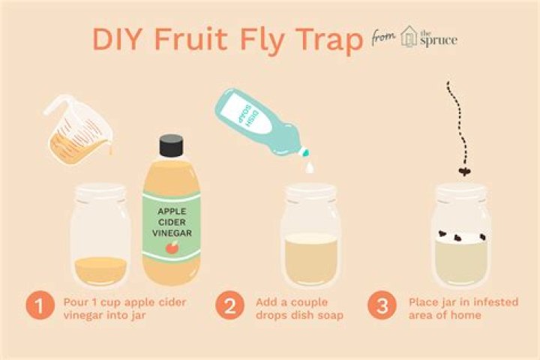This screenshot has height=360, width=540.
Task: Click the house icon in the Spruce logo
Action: pyautogui.click(x=409, y=37)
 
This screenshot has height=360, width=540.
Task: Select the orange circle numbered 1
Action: pyautogui.click(x=40, y=305)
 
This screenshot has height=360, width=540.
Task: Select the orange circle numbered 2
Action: pyautogui.click(x=230, y=305)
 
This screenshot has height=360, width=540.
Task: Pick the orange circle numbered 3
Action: pyautogui.click(x=382, y=305)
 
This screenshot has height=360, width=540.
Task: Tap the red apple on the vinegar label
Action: pyautogui.click(x=172, y=247)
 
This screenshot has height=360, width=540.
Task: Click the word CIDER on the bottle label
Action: pyautogui.click(x=172, y=222)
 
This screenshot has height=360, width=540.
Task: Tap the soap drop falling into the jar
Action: pyautogui.click(x=310, y=167)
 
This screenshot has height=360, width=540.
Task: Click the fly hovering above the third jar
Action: pyautogui.click(x=464, y=171)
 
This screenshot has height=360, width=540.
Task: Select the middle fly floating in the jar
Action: pyautogui.click(x=458, y=237)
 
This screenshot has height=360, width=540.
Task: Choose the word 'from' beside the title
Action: pyautogui.click(x=383, y=37)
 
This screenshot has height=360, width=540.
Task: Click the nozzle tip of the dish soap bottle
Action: pyautogui.click(x=306, y=152)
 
